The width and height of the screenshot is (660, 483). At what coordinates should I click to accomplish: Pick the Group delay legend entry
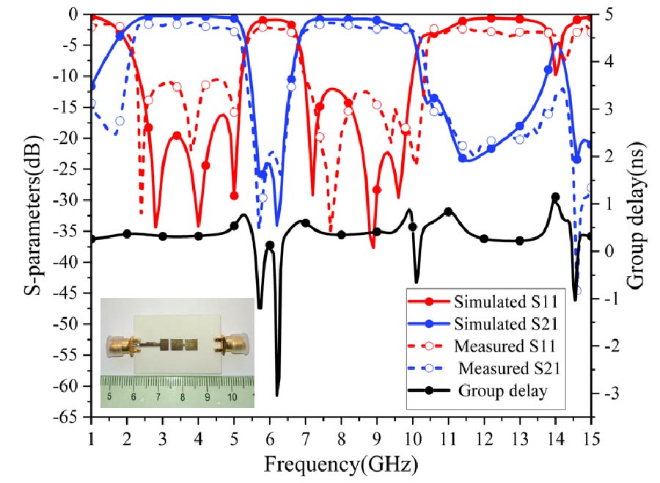coord(502,391)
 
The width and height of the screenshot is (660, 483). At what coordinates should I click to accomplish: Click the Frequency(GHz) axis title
coord(341,464)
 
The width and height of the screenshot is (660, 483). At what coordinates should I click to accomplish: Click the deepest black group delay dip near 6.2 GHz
coord(277,395)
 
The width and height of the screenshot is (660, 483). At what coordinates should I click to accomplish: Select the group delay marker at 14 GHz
coord(555,197)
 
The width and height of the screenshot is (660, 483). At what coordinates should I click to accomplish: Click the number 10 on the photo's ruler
coord(232,397)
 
